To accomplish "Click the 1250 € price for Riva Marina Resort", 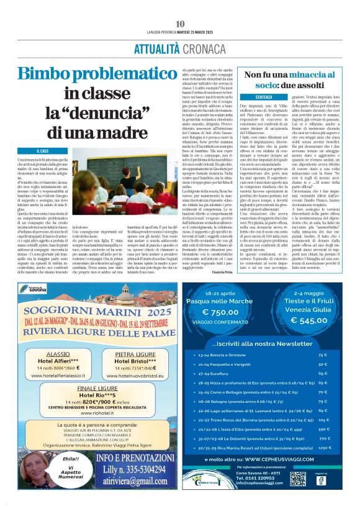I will (x=322, y=447).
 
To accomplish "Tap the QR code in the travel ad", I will (x=297, y=478).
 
